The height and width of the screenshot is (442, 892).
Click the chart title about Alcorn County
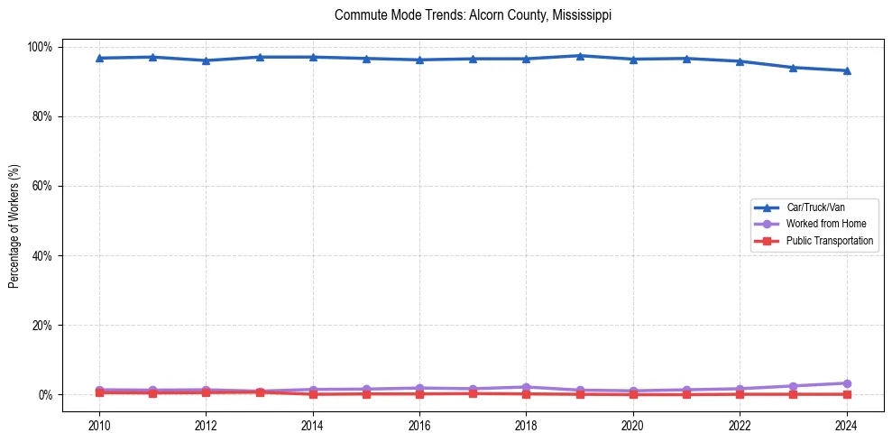click(x=473, y=15)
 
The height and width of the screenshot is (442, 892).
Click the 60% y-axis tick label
click(x=44, y=186)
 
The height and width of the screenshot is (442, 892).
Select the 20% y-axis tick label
click(x=44, y=325)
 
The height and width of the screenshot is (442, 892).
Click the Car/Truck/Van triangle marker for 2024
click(x=846, y=70)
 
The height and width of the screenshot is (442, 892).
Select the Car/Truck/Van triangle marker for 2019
click(x=580, y=56)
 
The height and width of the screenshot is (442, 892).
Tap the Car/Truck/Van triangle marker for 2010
click(x=99, y=58)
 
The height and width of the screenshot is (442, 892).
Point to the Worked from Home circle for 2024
click(x=846, y=383)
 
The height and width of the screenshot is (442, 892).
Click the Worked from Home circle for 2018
click(x=527, y=387)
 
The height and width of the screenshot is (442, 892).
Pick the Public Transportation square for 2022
click(x=740, y=394)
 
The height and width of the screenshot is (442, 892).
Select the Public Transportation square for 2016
click(x=419, y=393)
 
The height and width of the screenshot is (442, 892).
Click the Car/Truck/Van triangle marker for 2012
click(x=206, y=60)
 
